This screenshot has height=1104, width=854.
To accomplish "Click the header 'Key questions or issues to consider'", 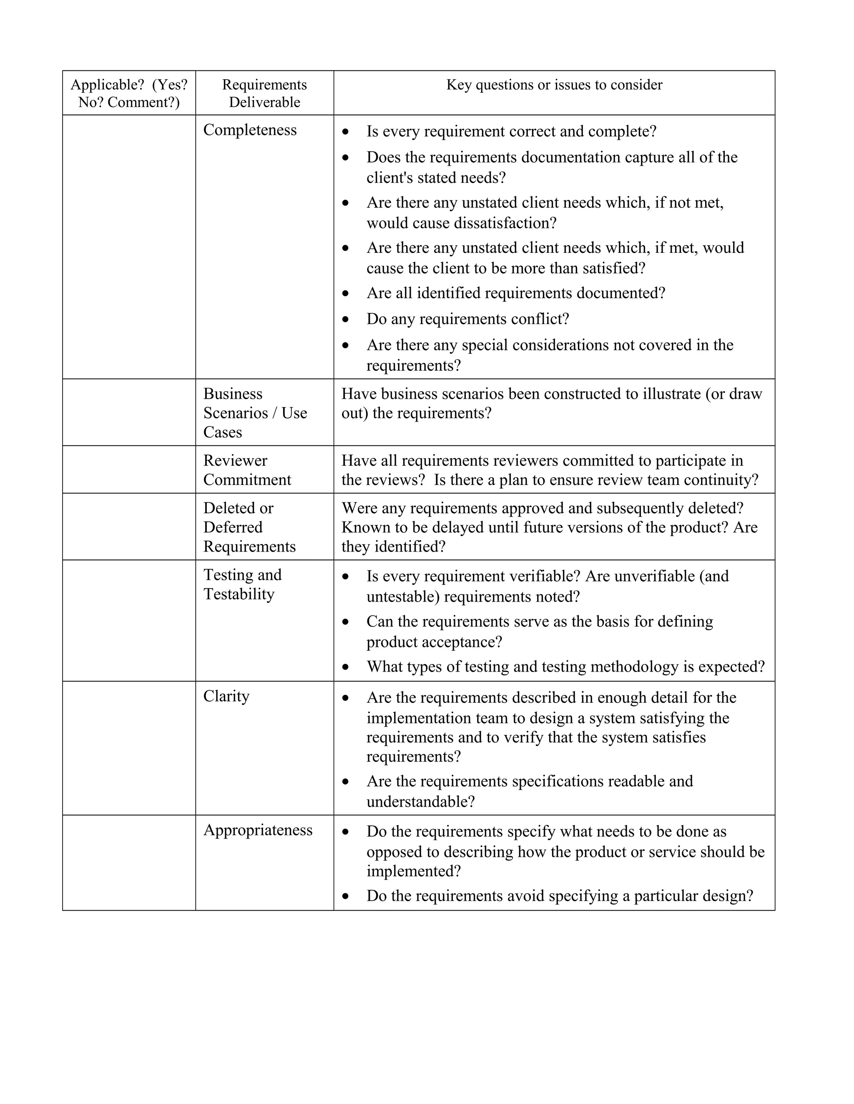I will coord(554,85).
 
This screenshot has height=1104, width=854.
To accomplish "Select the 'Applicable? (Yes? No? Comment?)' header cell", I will coord(129,93).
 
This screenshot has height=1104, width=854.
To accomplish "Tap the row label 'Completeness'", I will coord(250,130).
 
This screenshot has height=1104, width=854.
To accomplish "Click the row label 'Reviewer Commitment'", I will coord(247,470).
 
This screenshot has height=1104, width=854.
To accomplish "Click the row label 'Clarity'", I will coord(226,696).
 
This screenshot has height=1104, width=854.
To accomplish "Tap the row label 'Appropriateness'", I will coord(258,830).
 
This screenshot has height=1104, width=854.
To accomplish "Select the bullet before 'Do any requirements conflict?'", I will coord(346,320).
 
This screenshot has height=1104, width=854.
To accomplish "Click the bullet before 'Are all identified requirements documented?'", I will coord(346,293).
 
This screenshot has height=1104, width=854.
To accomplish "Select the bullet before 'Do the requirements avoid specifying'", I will coord(346,896).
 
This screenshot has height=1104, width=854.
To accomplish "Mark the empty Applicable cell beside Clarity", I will coord(129,748).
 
